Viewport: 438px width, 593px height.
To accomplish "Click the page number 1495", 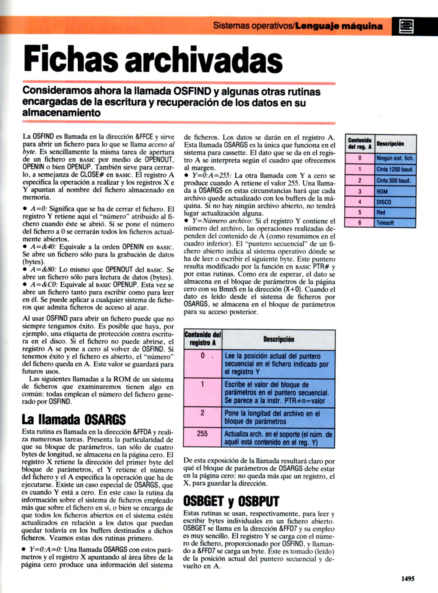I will [408, 578].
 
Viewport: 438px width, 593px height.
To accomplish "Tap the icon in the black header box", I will [406, 26].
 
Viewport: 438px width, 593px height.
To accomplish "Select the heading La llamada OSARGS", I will [74, 419].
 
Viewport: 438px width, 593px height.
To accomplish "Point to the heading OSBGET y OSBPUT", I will [231, 501].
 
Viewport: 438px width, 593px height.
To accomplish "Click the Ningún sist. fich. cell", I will [395, 158].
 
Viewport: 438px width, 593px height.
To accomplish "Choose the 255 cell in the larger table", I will [202, 434].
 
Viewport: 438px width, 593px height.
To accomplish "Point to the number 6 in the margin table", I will [360, 223].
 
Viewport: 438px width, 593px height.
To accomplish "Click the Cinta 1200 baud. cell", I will [395, 169].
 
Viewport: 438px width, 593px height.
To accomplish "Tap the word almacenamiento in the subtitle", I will [61, 113].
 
